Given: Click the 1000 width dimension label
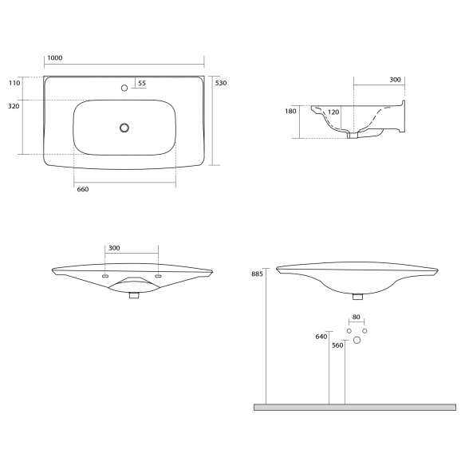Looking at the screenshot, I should (55, 58).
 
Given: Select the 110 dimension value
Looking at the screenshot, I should (14, 83).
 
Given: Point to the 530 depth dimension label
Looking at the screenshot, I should (221, 83).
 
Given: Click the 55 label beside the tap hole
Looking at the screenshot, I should (142, 83).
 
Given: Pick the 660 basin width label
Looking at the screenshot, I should (82, 190).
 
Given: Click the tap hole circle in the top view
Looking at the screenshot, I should (124, 87).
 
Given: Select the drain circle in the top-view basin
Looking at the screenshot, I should (124, 127).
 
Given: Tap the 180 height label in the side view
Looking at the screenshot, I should (290, 112).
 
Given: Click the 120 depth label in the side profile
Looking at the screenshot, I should (333, 112).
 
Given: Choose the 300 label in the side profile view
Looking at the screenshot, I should (396, 80).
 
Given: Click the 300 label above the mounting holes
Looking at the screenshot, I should (114, 248).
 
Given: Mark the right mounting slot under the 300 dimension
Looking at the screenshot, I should (158, 275).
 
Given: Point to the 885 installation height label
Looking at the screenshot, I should (256, 274).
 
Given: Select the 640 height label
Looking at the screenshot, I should (321, 337).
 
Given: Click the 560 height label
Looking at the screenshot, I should (337, 345).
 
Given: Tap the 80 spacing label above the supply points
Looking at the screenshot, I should (357, 317).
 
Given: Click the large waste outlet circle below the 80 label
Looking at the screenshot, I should (357, 341).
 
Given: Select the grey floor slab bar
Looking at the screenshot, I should (354, 407).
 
